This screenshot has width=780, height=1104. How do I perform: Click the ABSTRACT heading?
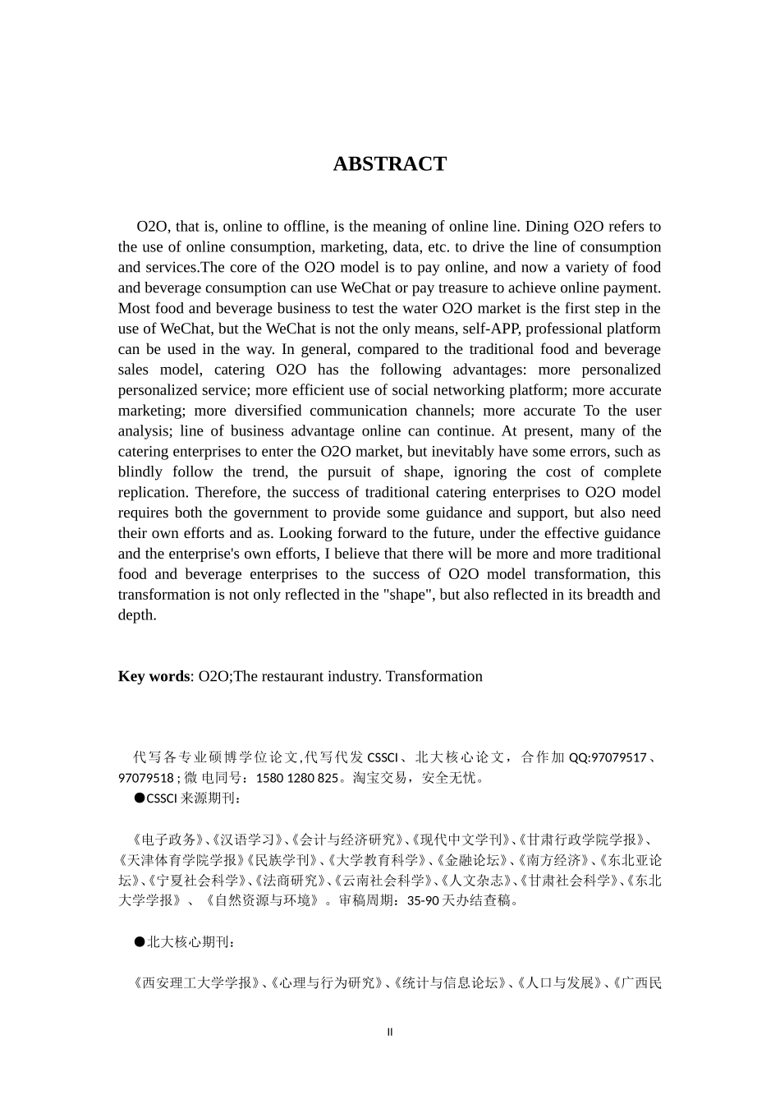(390, 163)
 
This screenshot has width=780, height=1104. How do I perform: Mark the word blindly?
(140, 472)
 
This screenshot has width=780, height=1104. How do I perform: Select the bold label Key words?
(154, 677)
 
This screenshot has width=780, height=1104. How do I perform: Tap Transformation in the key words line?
(434, 677)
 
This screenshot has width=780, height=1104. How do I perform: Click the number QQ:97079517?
(608, 757)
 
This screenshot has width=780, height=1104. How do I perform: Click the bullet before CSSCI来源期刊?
(140, 798)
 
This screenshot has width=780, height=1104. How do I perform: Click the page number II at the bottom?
(390, 1032)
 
